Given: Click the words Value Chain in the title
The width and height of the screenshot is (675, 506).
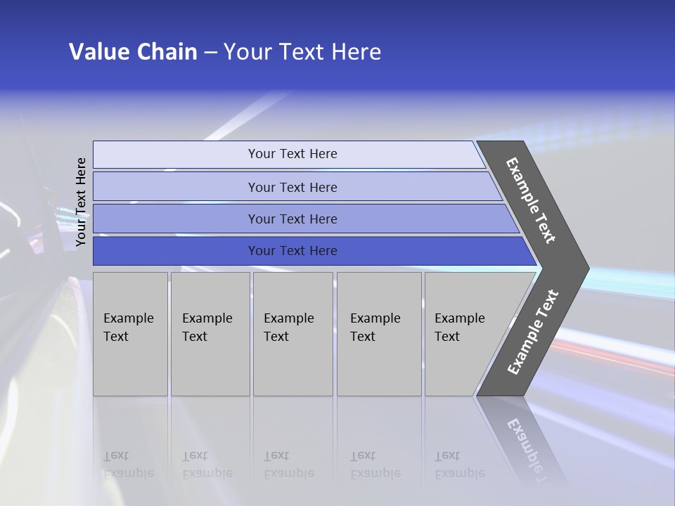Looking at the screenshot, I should (x=133, y=52).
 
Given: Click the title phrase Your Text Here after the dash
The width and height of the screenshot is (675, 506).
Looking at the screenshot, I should (x=302, y=52).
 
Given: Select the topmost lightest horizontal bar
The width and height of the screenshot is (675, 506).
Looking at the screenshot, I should (x=176, y=155).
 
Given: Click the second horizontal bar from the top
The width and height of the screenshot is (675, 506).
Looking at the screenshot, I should (x=176, y=187).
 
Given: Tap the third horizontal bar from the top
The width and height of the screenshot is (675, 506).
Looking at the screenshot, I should (x=176, y=219).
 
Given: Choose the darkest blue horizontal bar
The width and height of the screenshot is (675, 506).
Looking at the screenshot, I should (x=176, y=251).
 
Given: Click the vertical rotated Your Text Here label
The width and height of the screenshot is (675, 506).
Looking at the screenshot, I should (x=81, y=202).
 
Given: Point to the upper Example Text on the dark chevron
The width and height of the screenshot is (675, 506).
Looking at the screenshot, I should (x=531, y=200).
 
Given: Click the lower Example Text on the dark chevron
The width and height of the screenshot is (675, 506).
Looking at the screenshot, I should (x=532, y=332).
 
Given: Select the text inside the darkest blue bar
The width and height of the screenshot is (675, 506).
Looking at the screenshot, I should (x=292, y=251).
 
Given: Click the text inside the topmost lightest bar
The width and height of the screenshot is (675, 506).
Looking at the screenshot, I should (x=292, y=154).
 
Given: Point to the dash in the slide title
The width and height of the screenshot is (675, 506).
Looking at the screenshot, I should (x=210, y=53).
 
